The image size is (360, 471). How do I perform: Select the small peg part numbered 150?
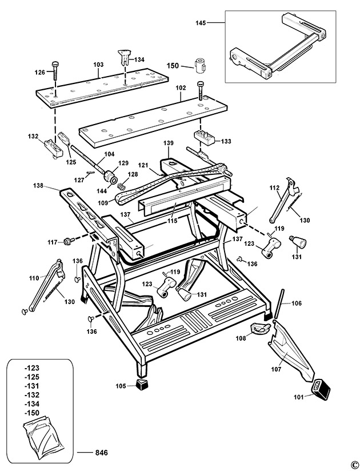point(199,65)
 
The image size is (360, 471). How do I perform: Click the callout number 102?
point(181,88)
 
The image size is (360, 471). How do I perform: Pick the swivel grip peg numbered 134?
point(124,57)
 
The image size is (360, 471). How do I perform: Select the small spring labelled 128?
point(121,186)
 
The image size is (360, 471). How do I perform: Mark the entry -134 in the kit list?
point(32,404)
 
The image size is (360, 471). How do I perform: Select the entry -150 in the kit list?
point(32,413)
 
